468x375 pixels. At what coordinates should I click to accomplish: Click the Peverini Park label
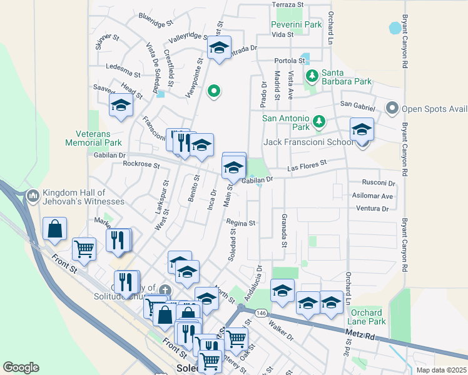(x=296, y=25)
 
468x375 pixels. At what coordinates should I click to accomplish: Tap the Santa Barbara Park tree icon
(x=312, y=76)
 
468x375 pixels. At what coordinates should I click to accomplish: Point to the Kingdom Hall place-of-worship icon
(x=34, y=197)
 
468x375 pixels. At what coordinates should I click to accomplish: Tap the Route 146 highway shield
(x=261, y=312)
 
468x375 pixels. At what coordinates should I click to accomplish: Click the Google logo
(x=21, y=367)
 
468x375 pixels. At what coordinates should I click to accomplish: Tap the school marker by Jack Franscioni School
(x=362, y=131)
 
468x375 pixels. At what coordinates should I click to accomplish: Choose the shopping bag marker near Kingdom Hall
(x=55, y=229)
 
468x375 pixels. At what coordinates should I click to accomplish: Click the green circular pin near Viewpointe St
(x=214, y=92)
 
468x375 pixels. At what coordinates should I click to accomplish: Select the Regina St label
(x=241, y=223)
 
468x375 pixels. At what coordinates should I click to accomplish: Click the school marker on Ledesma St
(x=121, y=106)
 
